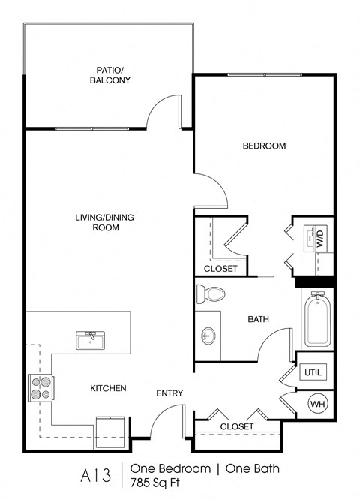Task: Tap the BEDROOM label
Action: tap(264, 146)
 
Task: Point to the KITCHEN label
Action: tap(108, 388)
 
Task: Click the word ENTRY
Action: tap(169, 393)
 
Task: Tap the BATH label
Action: tap(259, 319)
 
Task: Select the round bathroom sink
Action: tap(208, 336)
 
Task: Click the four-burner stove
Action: tap(40, 387)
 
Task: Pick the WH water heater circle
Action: tap(317, 404)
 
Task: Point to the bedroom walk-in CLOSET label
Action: tap(220, 268)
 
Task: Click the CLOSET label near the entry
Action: tap(236, 426)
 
